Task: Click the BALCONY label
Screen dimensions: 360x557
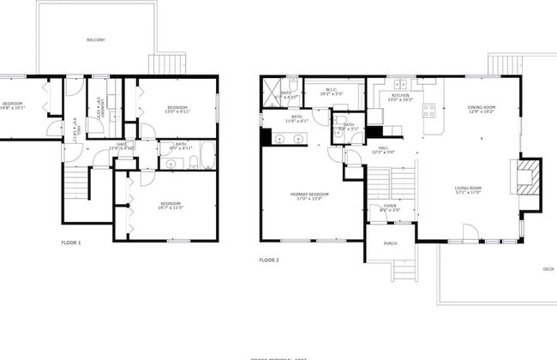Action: click(x=96, y=40)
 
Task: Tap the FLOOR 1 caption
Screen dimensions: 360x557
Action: click(x=71, y=243)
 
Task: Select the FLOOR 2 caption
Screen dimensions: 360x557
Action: click(x=269, y=259)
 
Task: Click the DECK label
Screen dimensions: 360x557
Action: click(x=548, y=268)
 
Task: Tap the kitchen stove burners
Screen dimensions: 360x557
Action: click(x=428, y=110)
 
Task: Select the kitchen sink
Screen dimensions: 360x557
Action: click(x=401, y=84)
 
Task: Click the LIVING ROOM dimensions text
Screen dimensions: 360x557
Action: click(x=469, y=192)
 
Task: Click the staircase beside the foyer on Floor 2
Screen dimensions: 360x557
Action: click(x=392, y=183)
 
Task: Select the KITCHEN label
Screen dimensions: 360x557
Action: click(x=401, y=97)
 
